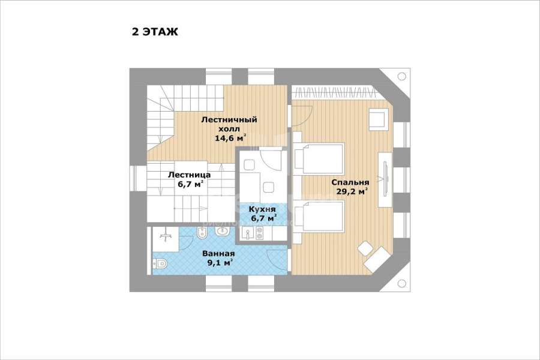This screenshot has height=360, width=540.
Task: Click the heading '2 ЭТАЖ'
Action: click(x=155, y=32)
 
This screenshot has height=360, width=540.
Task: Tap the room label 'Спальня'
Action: click(x=350, y=182)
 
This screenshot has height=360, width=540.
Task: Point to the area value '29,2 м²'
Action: click(x=351, y=191)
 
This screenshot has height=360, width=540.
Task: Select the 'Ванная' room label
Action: click(x=218, y=254)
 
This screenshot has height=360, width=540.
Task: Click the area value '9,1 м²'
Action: click(x=219, y=263)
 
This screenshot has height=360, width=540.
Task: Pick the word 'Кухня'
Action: click(x=262, y=209)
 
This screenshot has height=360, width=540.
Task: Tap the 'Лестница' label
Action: click(x=190, y=175)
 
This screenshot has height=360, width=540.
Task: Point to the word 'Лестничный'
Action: click(x=229, y=120)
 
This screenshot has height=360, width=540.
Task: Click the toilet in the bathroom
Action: click(x=159, y=263)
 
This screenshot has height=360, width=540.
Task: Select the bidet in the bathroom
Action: click(x=202, y=233)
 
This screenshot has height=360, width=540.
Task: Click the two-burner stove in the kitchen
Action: click(x=260, y=234)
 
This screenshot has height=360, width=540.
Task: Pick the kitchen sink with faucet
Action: click(x=248, y=233)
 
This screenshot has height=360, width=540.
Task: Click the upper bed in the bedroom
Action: click(x=319, y=158)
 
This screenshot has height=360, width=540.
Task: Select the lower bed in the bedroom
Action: click(x=319, y=217)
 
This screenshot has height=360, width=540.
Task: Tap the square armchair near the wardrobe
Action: click(x=379, y=119)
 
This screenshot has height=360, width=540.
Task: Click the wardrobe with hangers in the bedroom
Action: click(x=334, y=92)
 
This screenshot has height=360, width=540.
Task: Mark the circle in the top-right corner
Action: click(x=402, y=76)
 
